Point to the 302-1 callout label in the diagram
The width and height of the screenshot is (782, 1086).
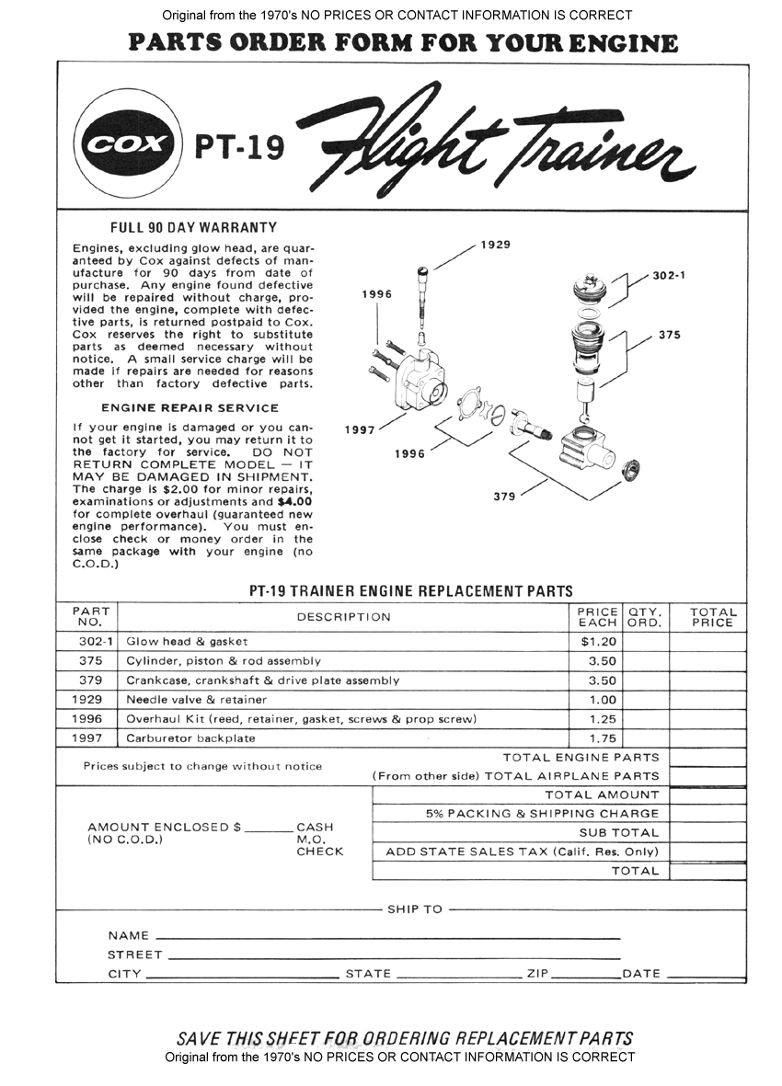tap(672, 275)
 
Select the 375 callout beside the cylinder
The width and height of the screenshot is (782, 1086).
tap(670, 336)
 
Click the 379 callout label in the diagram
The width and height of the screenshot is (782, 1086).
tap(504, 497)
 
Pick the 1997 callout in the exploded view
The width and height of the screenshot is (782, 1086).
tap(360, 429)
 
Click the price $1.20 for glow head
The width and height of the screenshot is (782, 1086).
tap(598, 641)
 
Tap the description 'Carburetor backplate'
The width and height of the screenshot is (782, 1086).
tap(190, 738)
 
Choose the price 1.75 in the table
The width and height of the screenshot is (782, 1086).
tap(603, 738)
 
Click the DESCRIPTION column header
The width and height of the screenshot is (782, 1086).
tap(343, 617)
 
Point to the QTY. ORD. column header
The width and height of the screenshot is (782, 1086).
tap(645, 616)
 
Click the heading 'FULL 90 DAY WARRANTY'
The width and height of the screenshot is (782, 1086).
tap(193, 227)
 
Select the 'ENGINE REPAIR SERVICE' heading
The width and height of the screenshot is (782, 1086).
tap(190, 407)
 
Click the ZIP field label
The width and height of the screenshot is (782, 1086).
tap(536, 974)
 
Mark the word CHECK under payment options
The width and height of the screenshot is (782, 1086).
tap(319, 852)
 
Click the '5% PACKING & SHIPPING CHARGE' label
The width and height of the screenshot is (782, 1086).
tap(542, 814)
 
